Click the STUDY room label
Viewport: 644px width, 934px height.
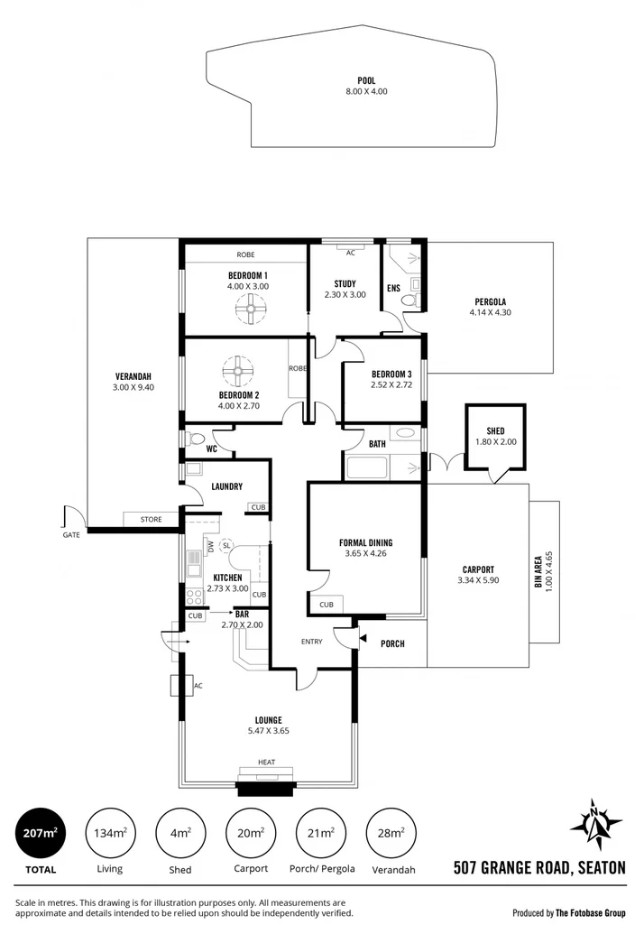point(345,283)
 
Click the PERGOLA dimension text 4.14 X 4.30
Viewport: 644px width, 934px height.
point(490,312)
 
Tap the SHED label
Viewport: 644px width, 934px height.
point(494,431)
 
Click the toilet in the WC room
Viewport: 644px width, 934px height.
point(198,439)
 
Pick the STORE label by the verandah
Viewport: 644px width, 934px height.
point(151,520)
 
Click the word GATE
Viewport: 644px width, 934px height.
point(71,535)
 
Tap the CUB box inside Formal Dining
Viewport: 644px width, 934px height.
point(325,605)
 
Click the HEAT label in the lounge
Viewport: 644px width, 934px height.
point(266,763)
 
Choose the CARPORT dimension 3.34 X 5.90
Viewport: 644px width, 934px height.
point(477,580)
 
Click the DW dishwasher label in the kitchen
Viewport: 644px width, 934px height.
point(209,546)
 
